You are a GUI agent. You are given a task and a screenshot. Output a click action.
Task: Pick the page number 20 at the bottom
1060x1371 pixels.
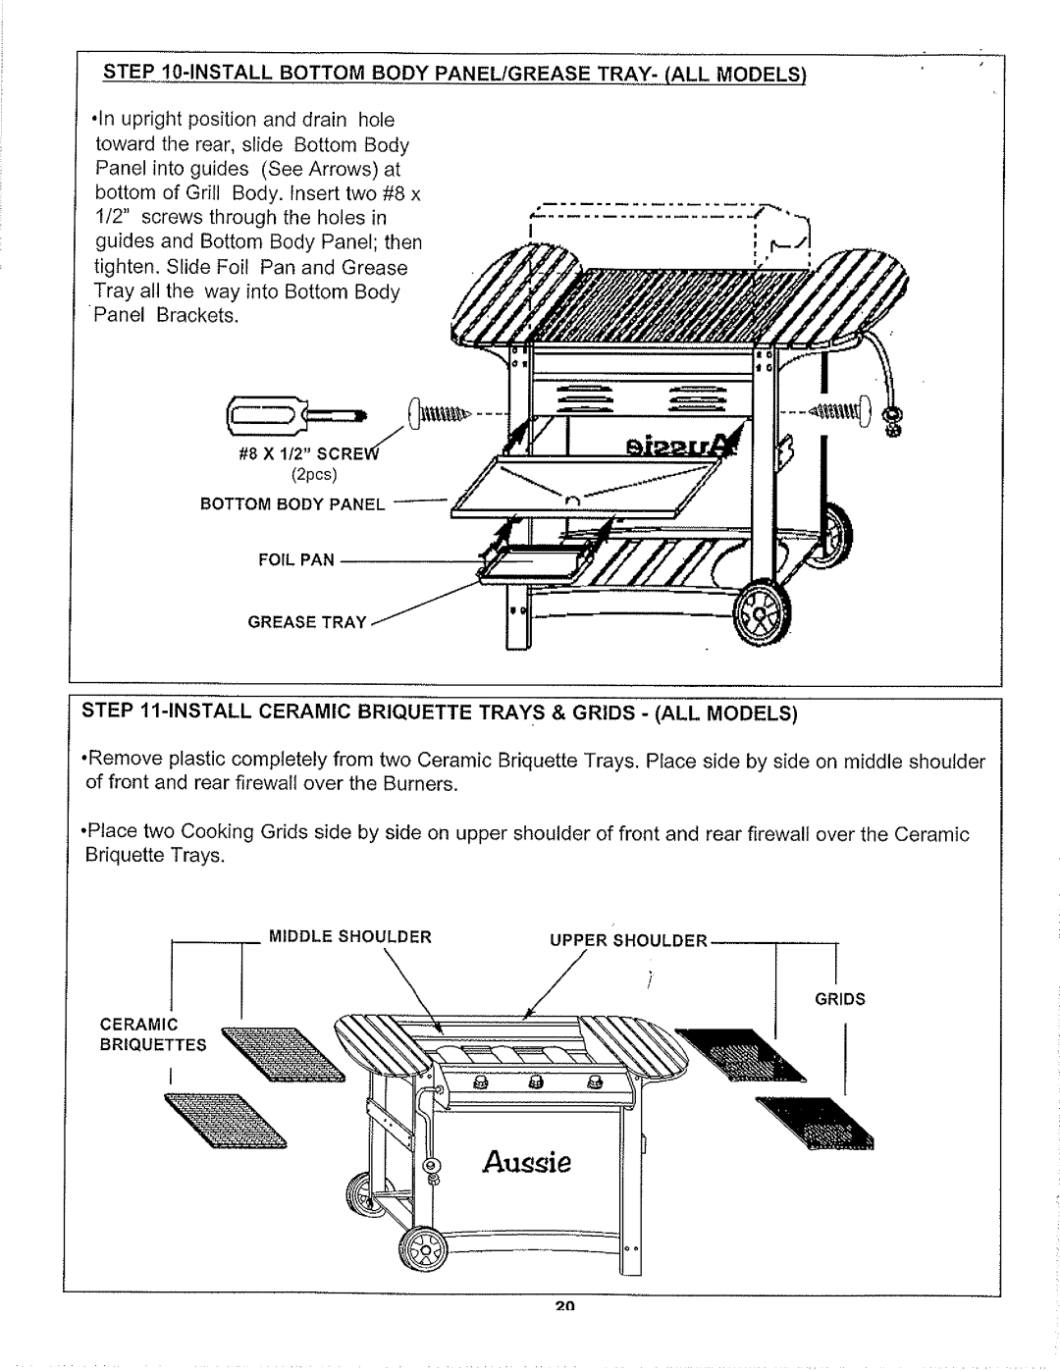[x=563, y=1306]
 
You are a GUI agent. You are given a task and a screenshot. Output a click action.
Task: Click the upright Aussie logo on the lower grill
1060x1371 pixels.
[x=527, y=1165]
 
